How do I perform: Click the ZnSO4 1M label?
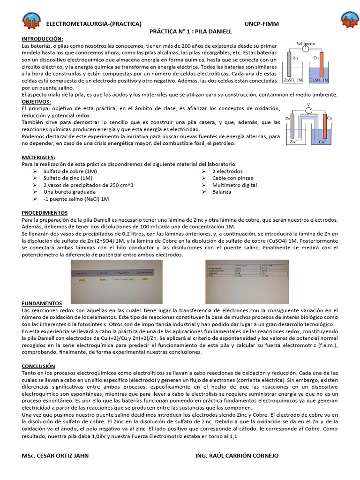pyautogui.click(x=293, y=80)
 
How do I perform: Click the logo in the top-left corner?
pyautogui.click(x=32, y=21)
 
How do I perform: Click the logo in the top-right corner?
pyautogui.click(x=349, y=21)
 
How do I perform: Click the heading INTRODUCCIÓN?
pyautogui.click(x=43, y=38)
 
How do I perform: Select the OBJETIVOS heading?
pyautogui.click(x=37, y=101)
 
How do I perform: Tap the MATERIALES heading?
pyautogui.click(x=38, y=157)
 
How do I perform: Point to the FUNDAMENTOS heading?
pyautogui.click(x=42, y=303)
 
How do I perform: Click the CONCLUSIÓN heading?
pyautogui.click(x=38, y=366)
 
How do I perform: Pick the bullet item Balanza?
pyautogui.click(x=221, y=192)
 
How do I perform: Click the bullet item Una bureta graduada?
pyautogui.click(x=69, y=192)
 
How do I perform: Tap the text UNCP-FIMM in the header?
pyautogui.click(x=260, y=24)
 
